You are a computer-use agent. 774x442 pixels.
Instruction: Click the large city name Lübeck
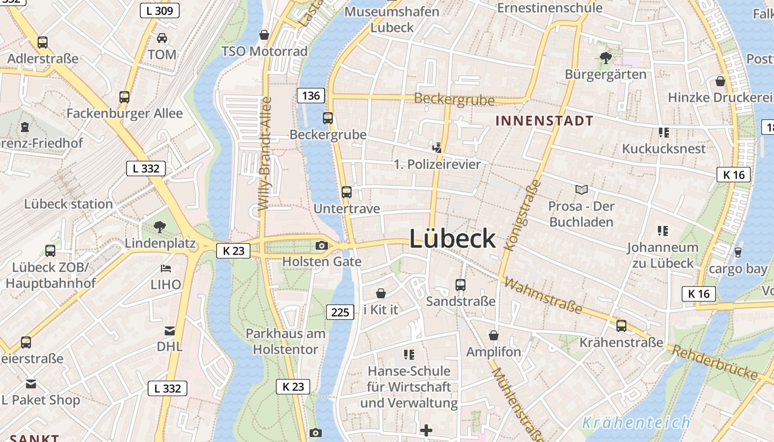pos(452,239)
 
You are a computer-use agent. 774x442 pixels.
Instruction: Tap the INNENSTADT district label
pos(544,120)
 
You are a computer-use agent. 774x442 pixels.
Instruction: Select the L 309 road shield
pos(159,10)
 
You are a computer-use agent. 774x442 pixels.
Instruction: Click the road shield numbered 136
pos(311,96)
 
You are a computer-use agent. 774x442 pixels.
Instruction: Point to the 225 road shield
pos(340,312)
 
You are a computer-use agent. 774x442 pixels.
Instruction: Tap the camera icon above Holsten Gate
pos(321,246)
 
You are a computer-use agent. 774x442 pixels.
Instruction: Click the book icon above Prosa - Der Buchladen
pos(581,190)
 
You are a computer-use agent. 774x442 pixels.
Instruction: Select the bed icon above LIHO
pos(165,269)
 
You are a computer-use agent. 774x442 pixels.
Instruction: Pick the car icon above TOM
pos(162,38)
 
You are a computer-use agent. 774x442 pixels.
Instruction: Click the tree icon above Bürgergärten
pos(606,57)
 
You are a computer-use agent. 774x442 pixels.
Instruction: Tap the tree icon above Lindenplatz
pos(160,226)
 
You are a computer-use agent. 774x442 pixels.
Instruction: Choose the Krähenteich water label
pos(636,423)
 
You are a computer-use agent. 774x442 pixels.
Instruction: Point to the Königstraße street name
pos(522,215)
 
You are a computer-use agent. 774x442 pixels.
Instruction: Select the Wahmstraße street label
pos(543,296)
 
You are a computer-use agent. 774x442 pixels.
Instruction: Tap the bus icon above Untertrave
pos(347,192)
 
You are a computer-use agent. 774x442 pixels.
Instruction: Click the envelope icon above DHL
pos(170,331)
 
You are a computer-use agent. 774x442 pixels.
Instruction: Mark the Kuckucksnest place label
pos(663,149)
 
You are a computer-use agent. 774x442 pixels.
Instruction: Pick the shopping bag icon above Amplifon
pos(493,335)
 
